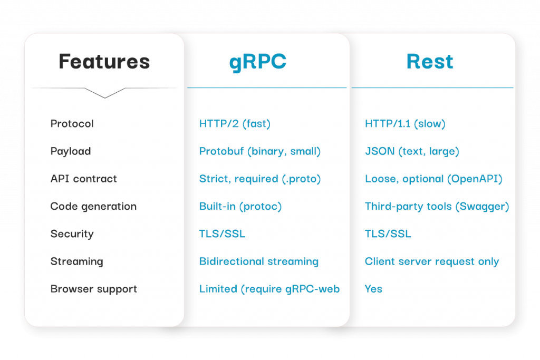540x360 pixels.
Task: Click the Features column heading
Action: coord(104,62)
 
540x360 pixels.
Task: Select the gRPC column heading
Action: coord(258,62)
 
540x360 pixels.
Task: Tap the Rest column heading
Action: coord(430,62)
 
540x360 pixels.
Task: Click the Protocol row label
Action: coord(72,124)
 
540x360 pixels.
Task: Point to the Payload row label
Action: coord(71,151)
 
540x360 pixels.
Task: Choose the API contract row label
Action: coord(83,179)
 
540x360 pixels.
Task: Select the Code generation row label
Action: coord(93,207)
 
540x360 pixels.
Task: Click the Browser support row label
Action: coord(93,289)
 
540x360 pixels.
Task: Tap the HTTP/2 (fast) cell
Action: coord(235,124)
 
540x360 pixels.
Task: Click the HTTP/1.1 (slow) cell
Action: coord(405,124)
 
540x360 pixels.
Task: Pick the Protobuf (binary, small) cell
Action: coord(260,151)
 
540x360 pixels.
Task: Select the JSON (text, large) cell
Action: coord(412,151)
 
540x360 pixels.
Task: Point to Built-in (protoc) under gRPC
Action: coord(240,207)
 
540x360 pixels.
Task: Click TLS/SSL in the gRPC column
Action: coord(222,234)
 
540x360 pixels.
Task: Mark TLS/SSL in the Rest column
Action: coord(388,234)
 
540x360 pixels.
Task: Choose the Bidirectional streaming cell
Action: coord(258,261)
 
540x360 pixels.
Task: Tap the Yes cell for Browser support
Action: coord(373,289)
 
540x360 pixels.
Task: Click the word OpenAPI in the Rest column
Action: coord(474,179)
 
